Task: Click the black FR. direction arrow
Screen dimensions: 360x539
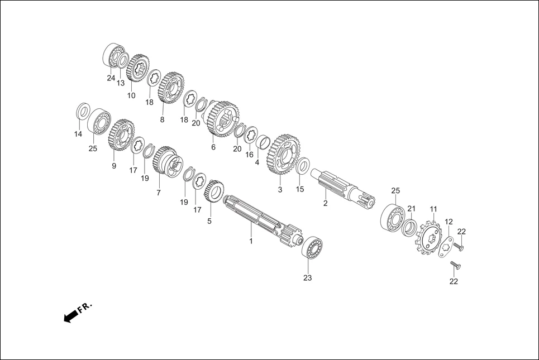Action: pyautogui.click(x=70, y=317)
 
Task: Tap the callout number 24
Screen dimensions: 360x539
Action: pyautogui.click(x=111, y=78)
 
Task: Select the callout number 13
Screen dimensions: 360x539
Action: pyautogui.click(x=121, y=83)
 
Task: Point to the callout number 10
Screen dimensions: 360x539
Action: pyautogui.click(x=131, y=95)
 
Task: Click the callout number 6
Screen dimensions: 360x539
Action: pyautogui.click(x=213, y=147)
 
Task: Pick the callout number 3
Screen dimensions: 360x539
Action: pyautogui.click(x=280, y=190)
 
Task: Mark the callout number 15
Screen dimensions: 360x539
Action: pyautogui.click(x=300, y=189)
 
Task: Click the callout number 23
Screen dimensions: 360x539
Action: pyautogui.click(x=307, y=277)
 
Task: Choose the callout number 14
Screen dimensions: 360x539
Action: pyautogui.click(x=78, y=134)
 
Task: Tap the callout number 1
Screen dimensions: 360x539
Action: pyautogui.click(x=251, y=241)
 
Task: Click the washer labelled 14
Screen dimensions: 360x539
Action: pyautogui.click(x=82, y=111)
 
